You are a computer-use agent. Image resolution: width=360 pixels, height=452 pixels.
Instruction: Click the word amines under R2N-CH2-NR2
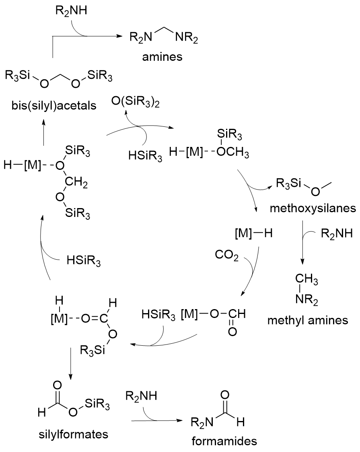point(162,57)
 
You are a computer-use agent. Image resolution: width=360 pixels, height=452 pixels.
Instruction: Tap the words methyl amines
point(309,320)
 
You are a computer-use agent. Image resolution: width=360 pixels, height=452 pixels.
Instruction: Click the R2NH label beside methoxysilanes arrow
point(336,233)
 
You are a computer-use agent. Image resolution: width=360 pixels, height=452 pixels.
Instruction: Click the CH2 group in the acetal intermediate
point(80,184)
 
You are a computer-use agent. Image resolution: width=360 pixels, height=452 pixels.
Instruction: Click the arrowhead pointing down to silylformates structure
point(71,378)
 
